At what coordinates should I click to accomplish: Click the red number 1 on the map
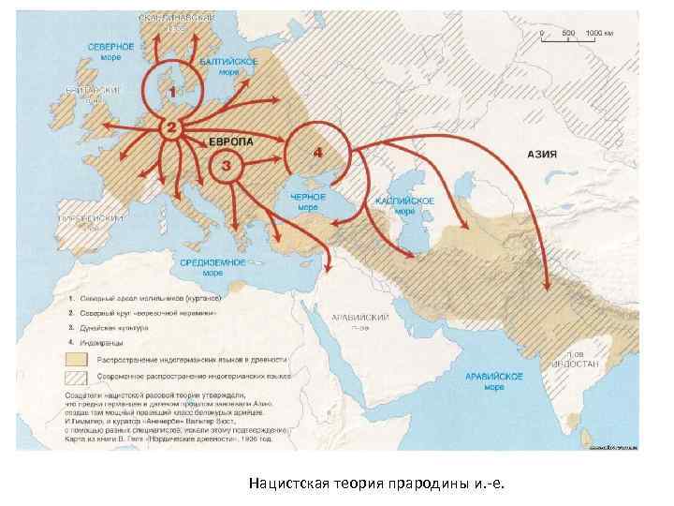(x=170, y=92)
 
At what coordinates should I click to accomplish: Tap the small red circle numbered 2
(x=170, y=126)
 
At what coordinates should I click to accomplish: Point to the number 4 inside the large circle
(x=318, y=150)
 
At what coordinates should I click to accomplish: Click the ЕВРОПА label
(x=229, y=141)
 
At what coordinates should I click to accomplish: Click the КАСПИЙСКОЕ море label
(x=404, y=205)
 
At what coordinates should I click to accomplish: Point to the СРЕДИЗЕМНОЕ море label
(x=213, y=267)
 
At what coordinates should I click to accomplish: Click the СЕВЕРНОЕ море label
(x=110, y=49)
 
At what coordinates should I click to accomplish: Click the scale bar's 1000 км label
(x=598, y=32)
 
